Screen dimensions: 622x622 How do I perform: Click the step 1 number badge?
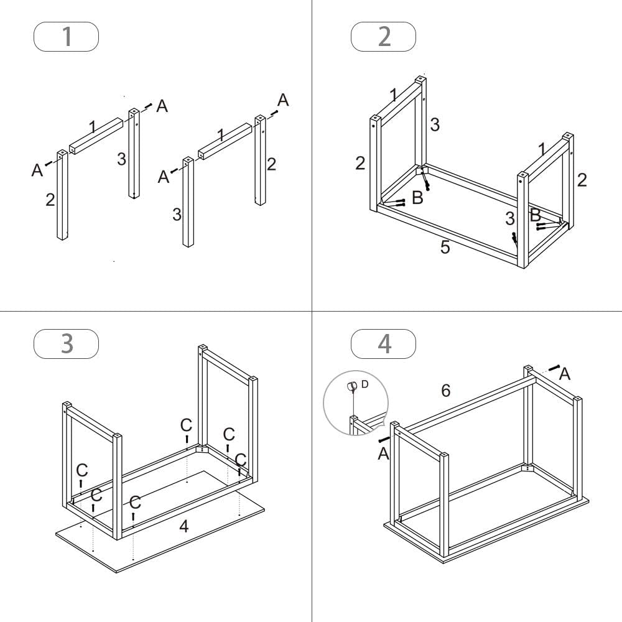[x=66, y=36]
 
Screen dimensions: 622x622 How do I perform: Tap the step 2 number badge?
[x=384, y=36]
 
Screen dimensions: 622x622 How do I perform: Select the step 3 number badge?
[x=66, y=343]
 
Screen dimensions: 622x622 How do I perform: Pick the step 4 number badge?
[x=384, y=343]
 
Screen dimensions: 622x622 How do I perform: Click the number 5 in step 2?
[x=445, y=247]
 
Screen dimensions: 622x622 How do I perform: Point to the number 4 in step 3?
[x=183, y=526]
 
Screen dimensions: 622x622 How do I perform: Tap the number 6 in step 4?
[x=445, y=391]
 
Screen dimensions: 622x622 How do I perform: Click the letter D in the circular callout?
[x=364, y=384]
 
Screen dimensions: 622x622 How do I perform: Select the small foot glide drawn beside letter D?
[x=353, y=386]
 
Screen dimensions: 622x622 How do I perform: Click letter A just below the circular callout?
[x=383, y=454]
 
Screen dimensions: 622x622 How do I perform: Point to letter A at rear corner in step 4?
[x=565, y=373]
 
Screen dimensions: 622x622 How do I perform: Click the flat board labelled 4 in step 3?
[x=205, y=535]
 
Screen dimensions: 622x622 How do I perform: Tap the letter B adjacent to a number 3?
[x=534, y=216]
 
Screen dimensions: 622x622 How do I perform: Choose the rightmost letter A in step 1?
[x=283, y=100]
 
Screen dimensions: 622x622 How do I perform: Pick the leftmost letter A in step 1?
[x=37, y=169]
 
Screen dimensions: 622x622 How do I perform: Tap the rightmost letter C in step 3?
[x=240, y=460]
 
